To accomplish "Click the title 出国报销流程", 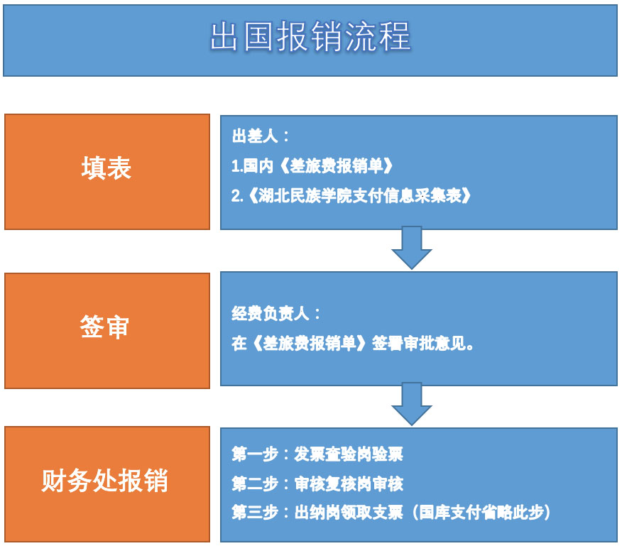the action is coord(310,36).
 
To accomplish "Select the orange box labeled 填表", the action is coord(107,172).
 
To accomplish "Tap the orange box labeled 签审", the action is coord(107,331).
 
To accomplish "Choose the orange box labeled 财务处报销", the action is coord(107,484).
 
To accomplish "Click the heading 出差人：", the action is coord(261,136).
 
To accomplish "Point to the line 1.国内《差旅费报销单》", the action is coord(312,166).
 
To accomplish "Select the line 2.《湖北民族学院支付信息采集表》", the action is coord(351,196).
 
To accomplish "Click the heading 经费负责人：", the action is coord(276,314).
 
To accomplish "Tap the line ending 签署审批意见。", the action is coord(353,343).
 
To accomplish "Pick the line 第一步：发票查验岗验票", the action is coord(317,454).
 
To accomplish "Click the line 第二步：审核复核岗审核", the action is coord(317,484).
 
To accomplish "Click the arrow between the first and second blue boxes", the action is coord(412,248).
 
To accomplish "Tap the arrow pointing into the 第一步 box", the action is coord(412,404).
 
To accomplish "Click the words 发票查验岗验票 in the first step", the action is coord(349,454).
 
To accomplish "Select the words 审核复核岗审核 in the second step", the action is coord(349,484).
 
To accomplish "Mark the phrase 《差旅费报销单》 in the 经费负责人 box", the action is coord(310,343).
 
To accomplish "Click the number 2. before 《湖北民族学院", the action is coord(237,196).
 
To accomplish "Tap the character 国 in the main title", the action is coord(258,36).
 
